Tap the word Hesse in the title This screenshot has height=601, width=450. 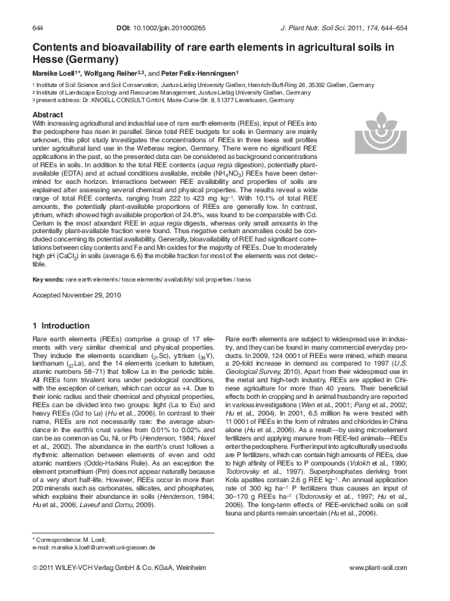(x=48, y=58)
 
